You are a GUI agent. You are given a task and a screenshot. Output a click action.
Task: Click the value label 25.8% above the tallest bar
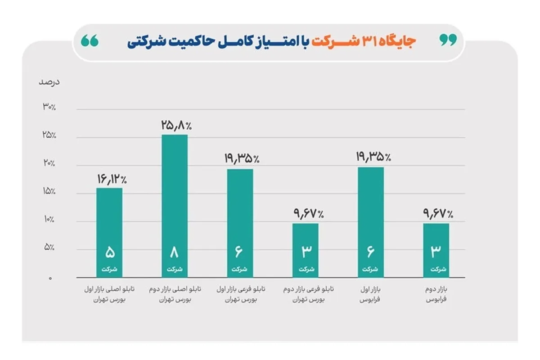(x=175, y=126)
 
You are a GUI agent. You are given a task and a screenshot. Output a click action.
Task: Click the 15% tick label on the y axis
(x=49, y=192)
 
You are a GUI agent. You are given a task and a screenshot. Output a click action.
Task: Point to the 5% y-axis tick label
(x=50, y=247)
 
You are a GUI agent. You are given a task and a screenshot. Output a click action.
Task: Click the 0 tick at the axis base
(x=51, y=278)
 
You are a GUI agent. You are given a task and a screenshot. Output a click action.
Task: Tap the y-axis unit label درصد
(x=49, y=82)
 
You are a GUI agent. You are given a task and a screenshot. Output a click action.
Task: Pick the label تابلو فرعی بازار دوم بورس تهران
(x=306, y=294)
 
